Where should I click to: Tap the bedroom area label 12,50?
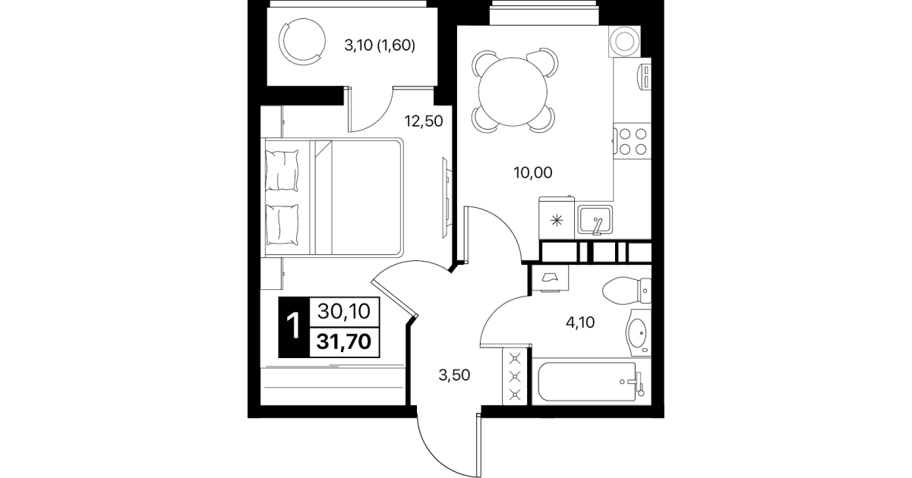point(424,121)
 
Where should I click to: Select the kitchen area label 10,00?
point(533,172)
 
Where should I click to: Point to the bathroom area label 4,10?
point(580,322)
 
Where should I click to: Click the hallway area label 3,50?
point(454,375)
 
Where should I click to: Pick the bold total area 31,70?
point(344,341)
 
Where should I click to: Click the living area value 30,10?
point(344,312)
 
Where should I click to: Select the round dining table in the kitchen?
point(513,92)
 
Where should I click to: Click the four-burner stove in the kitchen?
point(633,142)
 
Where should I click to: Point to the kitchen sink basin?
point(595,220)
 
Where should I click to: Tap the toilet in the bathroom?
point(626,291)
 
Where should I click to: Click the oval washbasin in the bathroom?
point(638,332)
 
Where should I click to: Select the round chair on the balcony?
point(302,41)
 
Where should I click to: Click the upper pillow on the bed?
point(281,171)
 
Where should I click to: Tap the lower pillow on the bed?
point(281,225)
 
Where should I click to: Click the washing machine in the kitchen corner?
point(624,41)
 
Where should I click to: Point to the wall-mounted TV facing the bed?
point(447,197)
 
